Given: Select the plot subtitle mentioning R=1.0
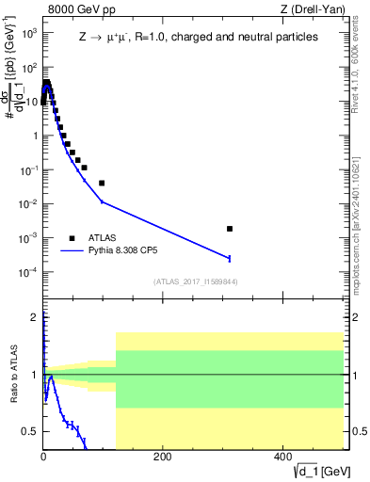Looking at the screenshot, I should click(198, 37).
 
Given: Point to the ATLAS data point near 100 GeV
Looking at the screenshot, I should click(102, 183).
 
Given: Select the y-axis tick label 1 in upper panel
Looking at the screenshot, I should click(35, 136).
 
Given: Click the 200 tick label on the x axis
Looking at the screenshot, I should click(162, 457).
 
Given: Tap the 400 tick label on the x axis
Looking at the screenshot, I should click(282, 457).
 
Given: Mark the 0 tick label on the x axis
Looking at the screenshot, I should click(43, 457).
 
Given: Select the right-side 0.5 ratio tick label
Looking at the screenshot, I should click(359, 431).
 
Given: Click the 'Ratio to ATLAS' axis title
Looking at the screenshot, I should click(12, 377).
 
